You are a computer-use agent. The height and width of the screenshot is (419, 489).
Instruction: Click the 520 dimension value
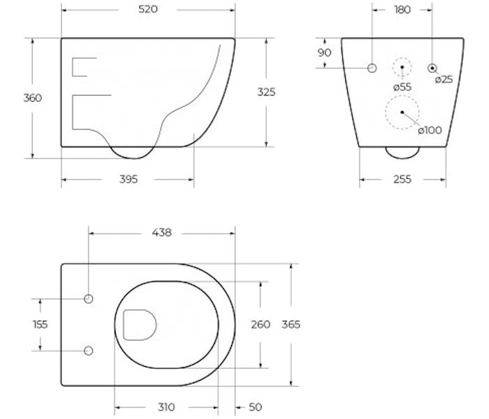tap(148, 9)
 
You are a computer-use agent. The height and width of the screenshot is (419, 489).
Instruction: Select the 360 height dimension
tap(32, 98)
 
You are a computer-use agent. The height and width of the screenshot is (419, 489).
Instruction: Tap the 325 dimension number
tap(266, 92)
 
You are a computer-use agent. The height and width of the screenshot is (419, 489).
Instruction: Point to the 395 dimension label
tap(129, 179)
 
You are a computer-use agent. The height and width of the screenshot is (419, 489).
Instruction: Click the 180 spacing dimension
tap(402, 10)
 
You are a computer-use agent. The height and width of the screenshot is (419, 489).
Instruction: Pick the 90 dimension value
tap(324, 52)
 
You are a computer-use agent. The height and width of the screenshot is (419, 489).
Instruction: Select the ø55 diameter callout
tap(402, 87)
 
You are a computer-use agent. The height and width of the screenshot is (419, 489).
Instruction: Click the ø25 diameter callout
tap(444, 80)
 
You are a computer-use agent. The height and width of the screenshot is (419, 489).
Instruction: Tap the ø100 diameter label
tap(430, 130)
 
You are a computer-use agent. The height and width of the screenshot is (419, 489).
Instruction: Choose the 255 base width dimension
tap(402, 179)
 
